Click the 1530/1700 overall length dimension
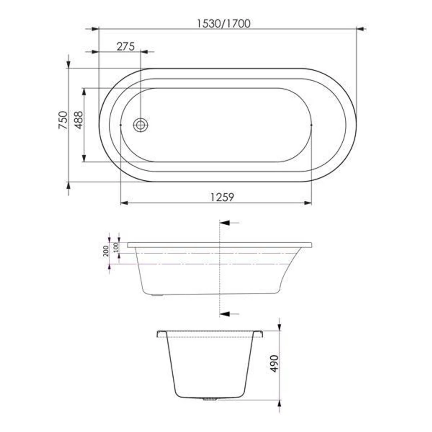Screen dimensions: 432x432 224,24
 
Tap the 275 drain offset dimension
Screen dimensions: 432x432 126,46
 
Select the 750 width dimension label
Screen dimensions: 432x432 63,120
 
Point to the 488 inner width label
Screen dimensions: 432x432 78,120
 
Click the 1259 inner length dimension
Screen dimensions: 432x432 222,197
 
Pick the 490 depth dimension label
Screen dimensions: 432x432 274,364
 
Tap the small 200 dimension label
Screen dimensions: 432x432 106,251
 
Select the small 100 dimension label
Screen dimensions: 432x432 116,247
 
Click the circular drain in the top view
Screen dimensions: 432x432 140,125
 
